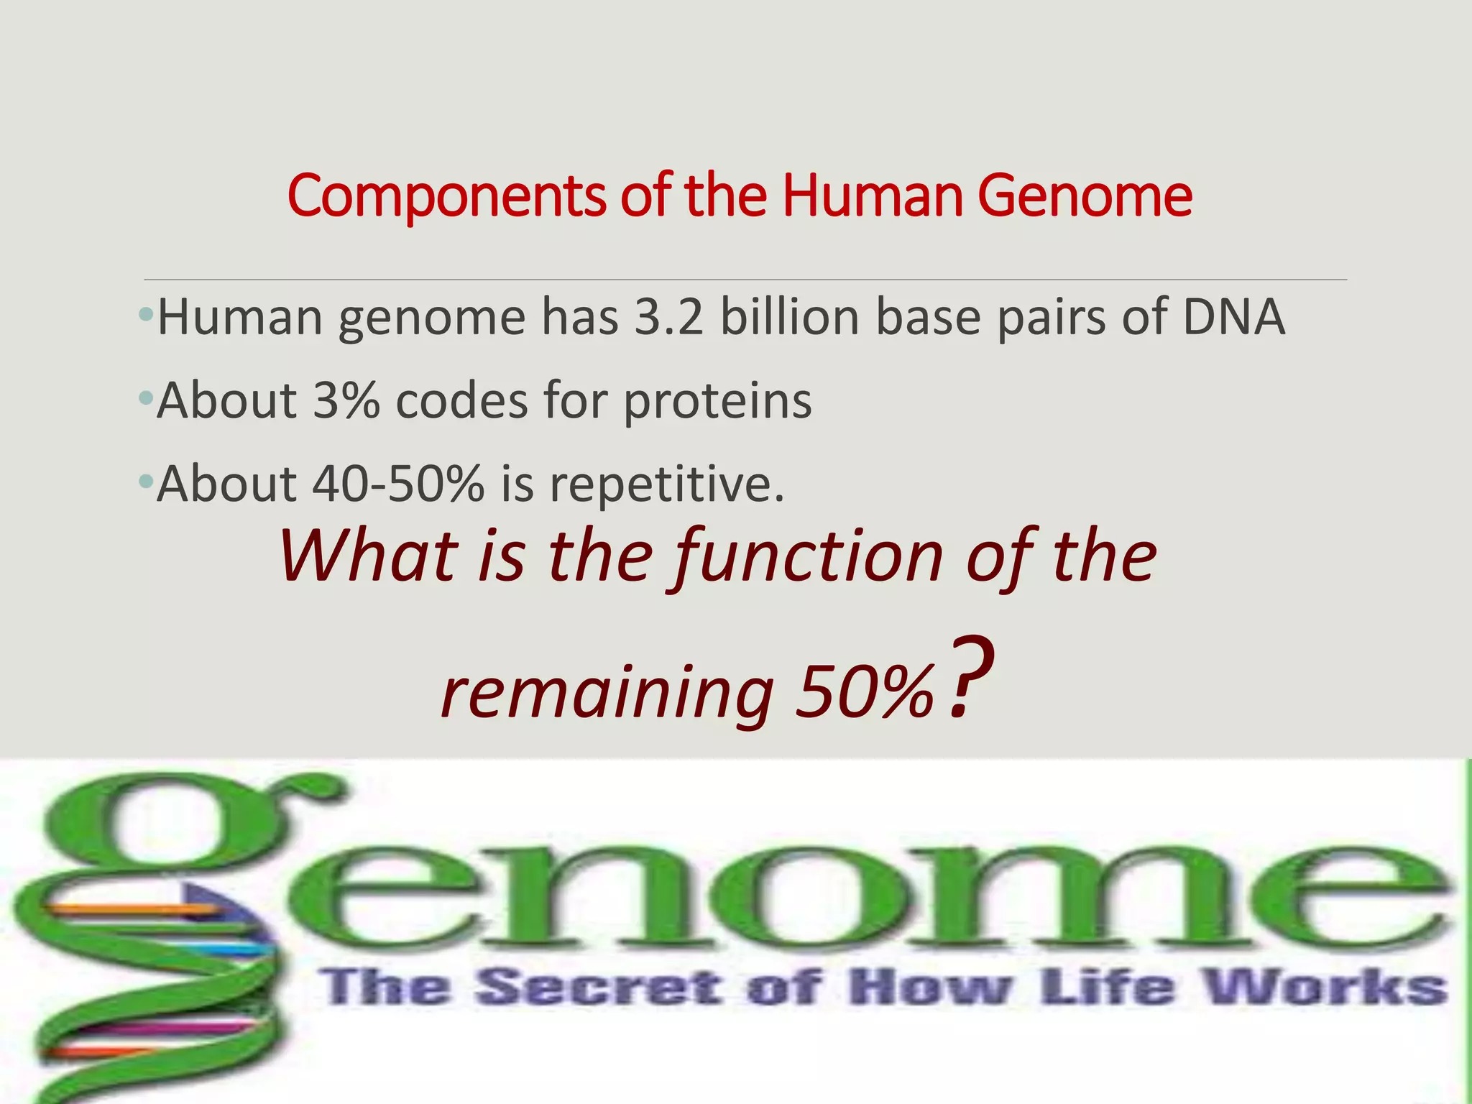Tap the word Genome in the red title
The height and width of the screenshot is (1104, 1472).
coord(1085,195)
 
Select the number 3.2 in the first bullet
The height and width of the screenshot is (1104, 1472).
coord(668,317)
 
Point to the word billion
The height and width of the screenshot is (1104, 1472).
coord(790,317)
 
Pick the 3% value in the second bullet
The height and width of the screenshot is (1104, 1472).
coord(346,400)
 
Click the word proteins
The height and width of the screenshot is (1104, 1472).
coord(717,402)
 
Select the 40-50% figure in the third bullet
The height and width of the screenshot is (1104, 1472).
coord(398,484)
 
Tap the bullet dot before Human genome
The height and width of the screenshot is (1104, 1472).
coord(147,315)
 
